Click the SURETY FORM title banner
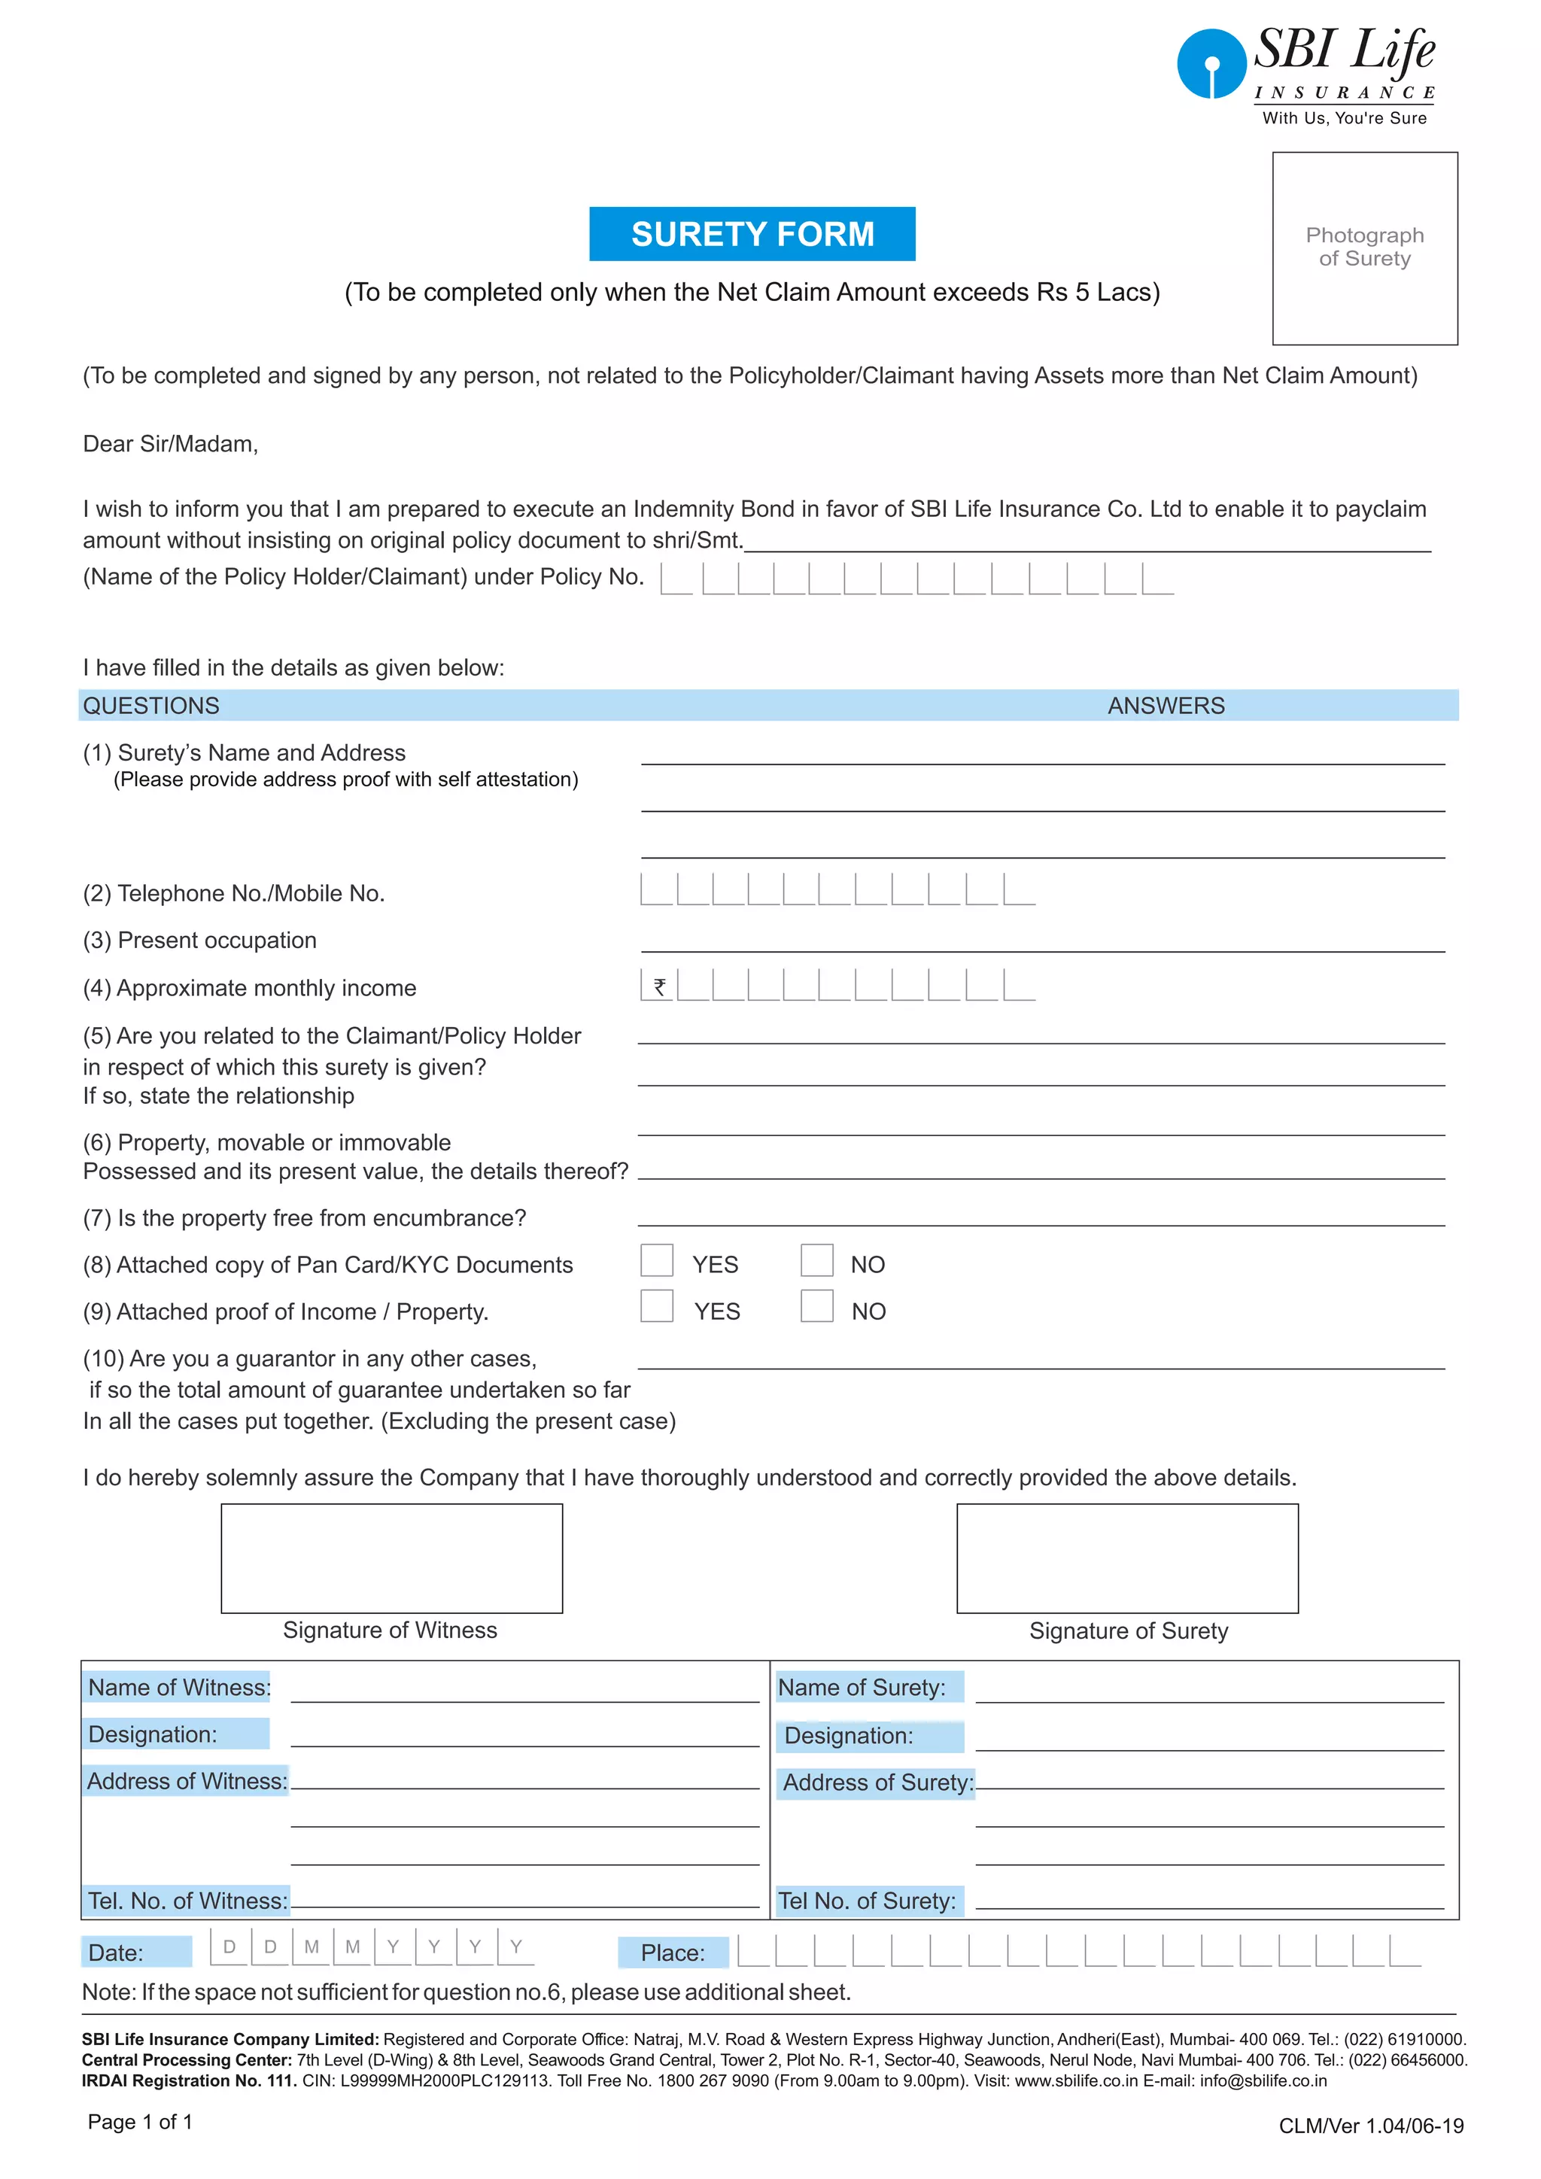click(752, 233)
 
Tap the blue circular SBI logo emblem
click(1211, 64)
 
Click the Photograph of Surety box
click(1363, 248)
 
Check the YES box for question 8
click(657, 1260)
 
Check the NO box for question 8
click(816, 1260)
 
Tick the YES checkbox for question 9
click(657, 1306)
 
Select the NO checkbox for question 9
click(816, 1306)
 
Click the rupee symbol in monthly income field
click(658, 986)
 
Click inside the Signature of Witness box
click(391, 1558)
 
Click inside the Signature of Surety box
click(1126, 1558)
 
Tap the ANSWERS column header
click(1166, 705)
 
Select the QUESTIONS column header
click(151, 705)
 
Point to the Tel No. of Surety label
click(866, 1900)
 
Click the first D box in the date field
click(229, 1947)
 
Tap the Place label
click(672, 1953)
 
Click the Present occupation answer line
click(1042, 944)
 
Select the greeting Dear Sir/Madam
click(171, 444)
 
